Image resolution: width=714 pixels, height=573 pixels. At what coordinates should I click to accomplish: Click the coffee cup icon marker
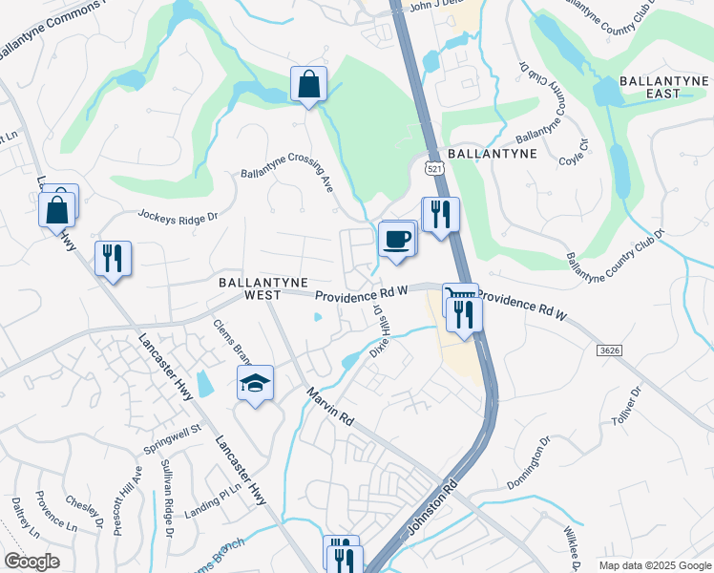click(x=397, y=240)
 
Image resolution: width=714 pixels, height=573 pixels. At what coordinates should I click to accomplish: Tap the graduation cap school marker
click(x=255, y=383)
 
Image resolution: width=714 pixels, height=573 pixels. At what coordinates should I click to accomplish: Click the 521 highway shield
click(x=435, y=168)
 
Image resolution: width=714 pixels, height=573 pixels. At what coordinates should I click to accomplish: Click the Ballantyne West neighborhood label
click(x=262, y=290)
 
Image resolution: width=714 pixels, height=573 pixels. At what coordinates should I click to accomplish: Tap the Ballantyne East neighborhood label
click(x=662, y=87)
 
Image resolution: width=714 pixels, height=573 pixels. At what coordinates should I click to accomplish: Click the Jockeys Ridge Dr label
click(x=178, y=217)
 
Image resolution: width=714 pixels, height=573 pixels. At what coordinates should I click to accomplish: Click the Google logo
click(x=31, y=562)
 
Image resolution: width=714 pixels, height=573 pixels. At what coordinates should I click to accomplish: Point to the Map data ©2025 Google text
click(x=655, y=563)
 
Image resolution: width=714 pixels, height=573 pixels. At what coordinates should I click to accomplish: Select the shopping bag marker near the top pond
click(x=309, y=85)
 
